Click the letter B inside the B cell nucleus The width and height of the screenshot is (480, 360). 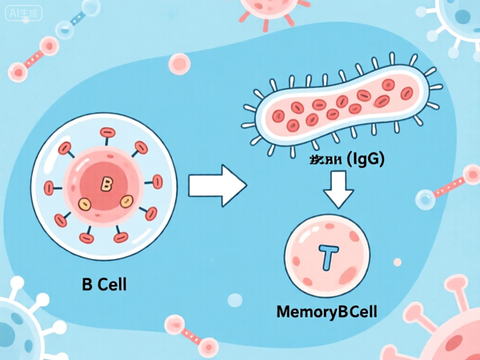pyautogui.click(x=106, y=184)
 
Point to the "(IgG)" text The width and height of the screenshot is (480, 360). pyautogui.click(x=364, y=159)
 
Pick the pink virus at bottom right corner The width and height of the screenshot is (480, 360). pyautogui.click(x=452, y=332)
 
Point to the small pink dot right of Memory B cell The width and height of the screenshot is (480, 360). pyautogui.click(x=398, y=262)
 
